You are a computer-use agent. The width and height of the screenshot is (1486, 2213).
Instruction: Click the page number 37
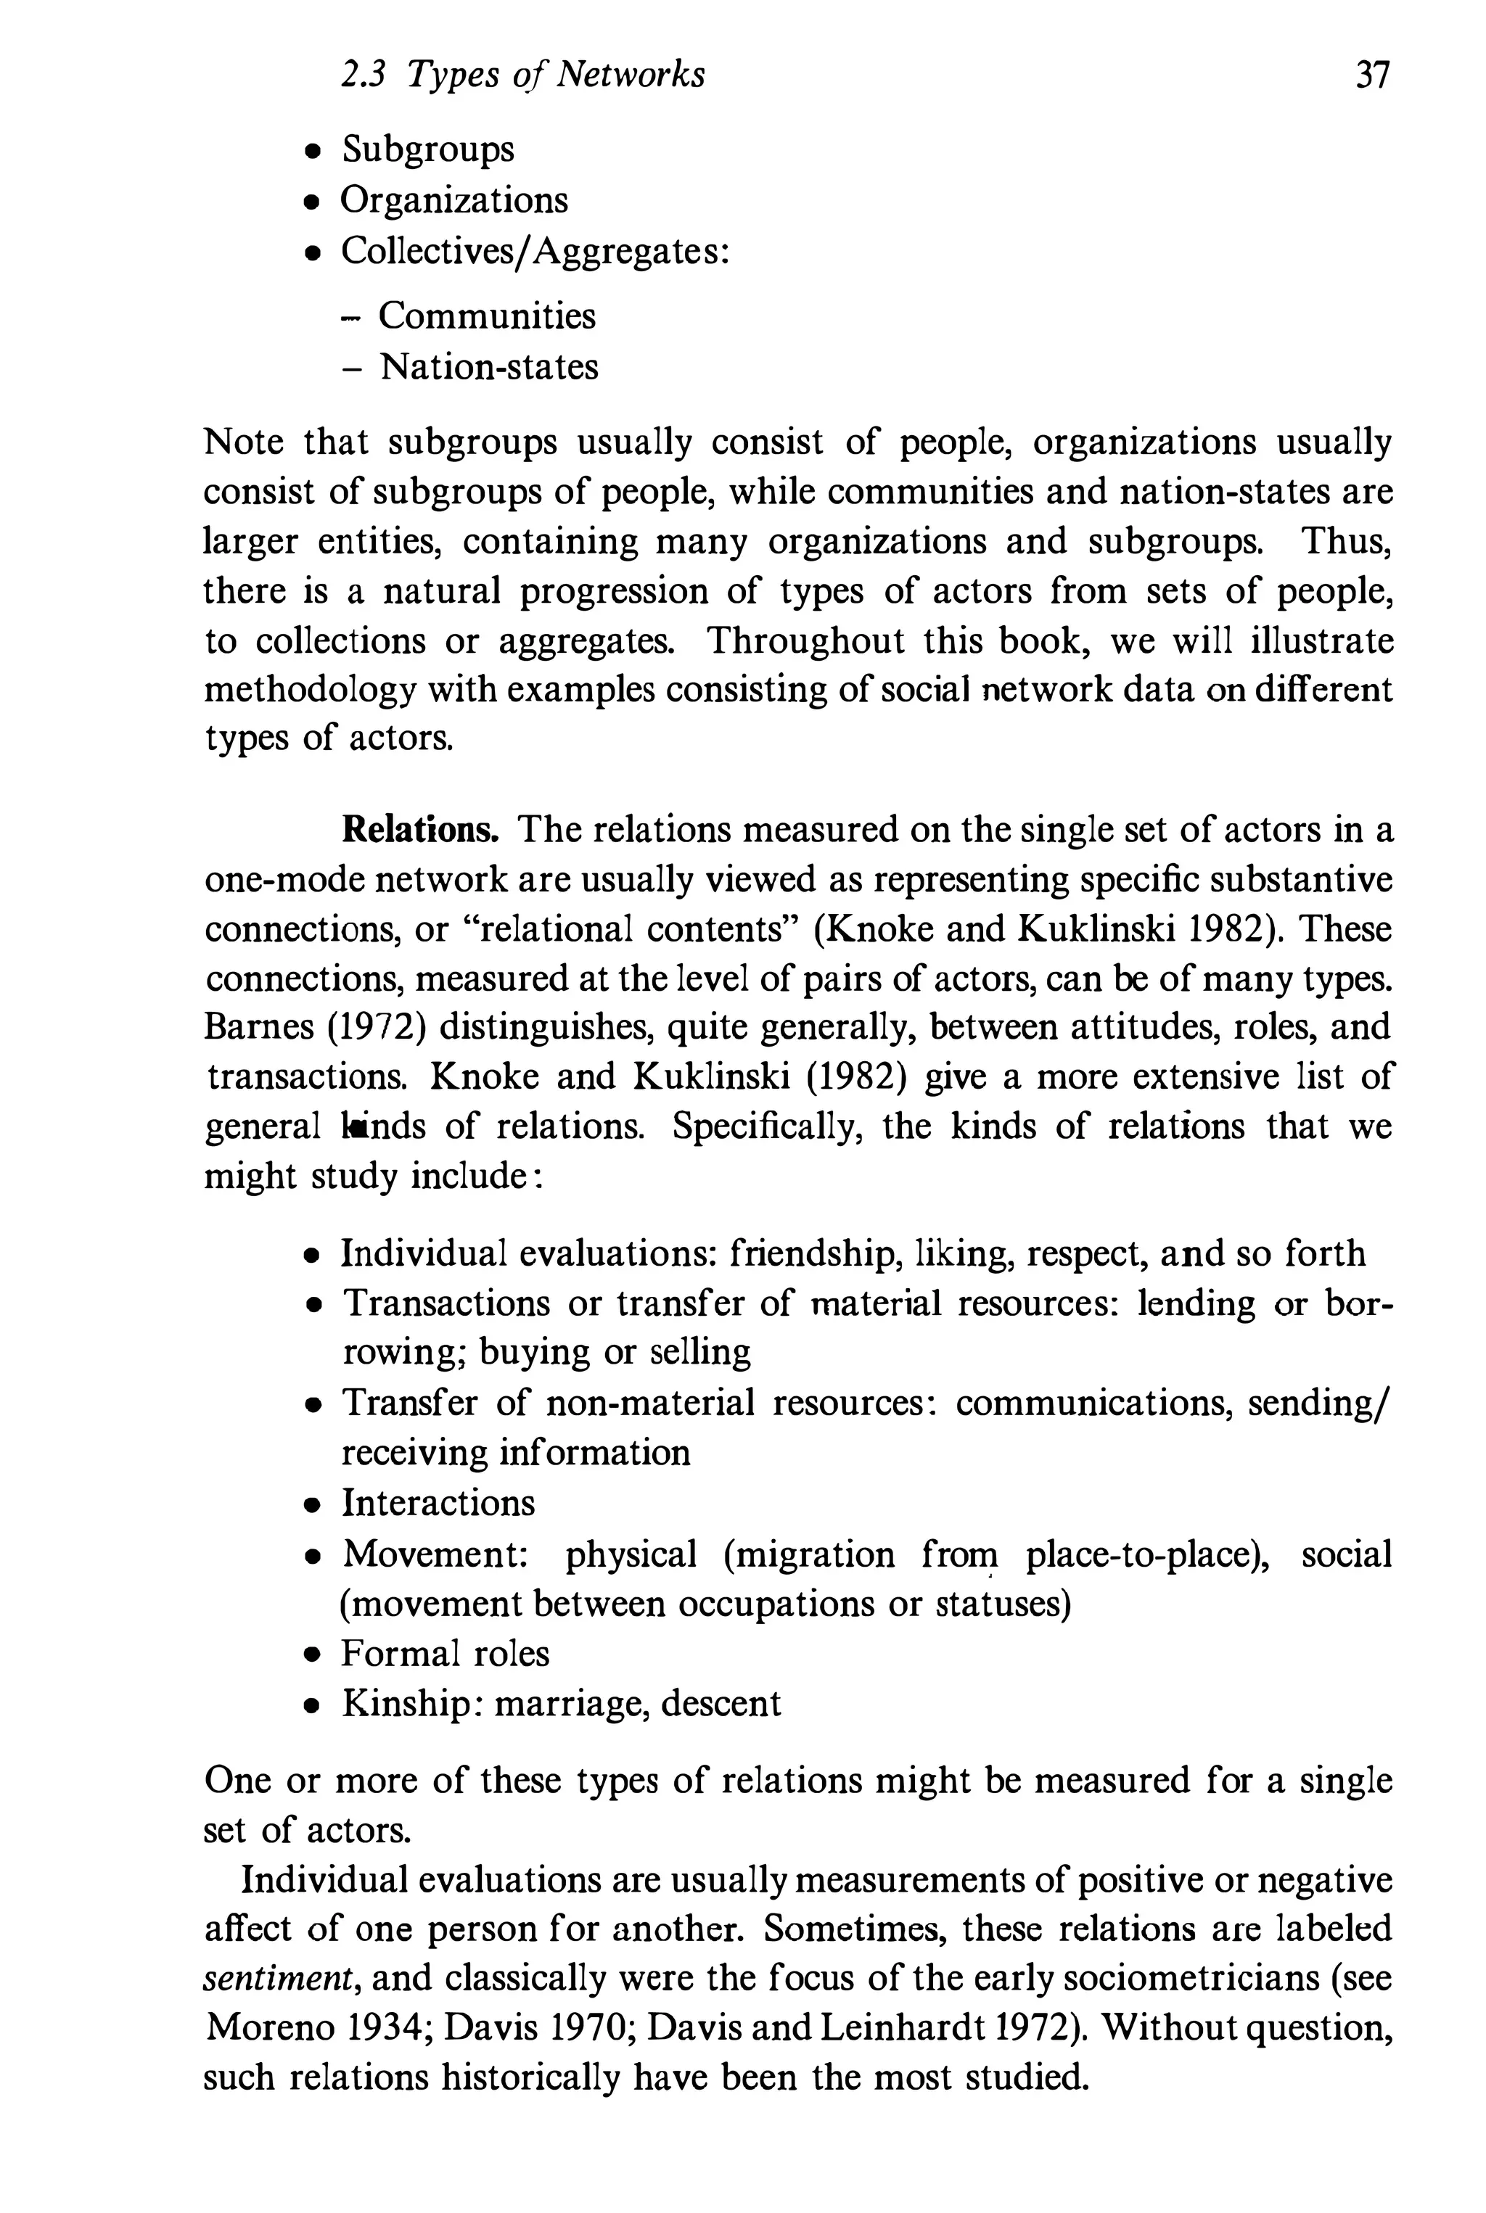click(x=1371, y=75)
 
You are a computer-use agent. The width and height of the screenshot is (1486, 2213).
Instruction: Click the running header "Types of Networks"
click(x=555, y=75)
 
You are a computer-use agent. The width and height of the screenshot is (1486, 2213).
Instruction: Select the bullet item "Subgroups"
click(x=427, y=149)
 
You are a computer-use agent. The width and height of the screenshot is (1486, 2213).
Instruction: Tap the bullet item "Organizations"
click(x=454, y=200)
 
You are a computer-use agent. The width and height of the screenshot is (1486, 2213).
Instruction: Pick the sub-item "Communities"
click(x=487, y=316)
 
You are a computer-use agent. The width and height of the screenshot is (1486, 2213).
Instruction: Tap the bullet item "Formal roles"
click(x=446, y=1653)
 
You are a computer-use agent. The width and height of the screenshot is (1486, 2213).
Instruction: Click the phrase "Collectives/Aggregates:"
click(x=535, y=251)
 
